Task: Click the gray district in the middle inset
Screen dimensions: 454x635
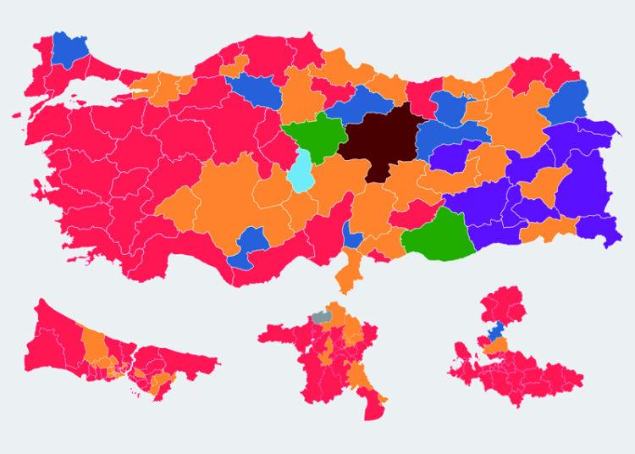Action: [x=321, y=318]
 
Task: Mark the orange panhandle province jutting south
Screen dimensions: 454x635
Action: [x=347, y=273]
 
